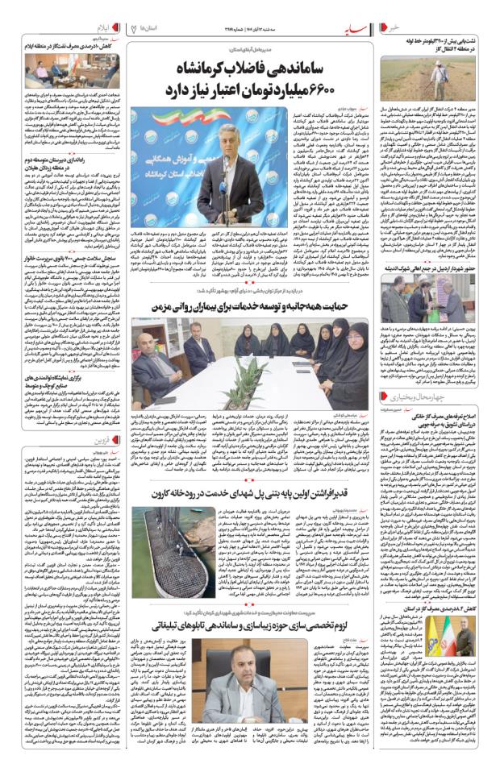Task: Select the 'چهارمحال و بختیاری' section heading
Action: [x=456, y=398]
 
